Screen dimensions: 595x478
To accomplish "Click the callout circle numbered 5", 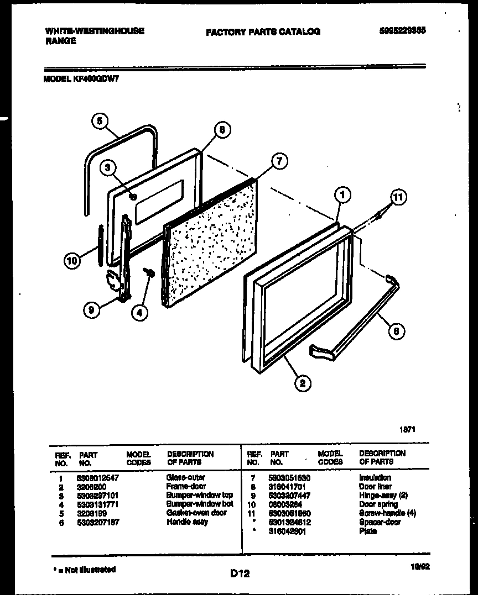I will [x=99, y=122].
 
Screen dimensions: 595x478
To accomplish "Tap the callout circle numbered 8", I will [x=221, y=130].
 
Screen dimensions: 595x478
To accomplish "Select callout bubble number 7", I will [x=279, y=161].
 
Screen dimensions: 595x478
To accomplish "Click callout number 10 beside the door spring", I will [x=71, y=261].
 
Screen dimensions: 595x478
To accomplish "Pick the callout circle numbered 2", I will [x=303, y=382].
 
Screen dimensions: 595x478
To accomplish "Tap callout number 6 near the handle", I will [x=395, y=331].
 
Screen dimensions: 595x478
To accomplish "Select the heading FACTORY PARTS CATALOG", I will [x=263, y=31].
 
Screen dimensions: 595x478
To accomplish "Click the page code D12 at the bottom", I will [x=240, y=574].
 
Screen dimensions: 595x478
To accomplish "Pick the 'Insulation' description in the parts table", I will [x=375, y=477].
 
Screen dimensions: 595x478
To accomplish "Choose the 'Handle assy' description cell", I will [x=186, y=522].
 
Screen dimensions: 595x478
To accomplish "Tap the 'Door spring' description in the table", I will [x=375, y=504].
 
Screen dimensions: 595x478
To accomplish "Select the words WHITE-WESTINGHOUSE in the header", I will [x=94, y=31].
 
